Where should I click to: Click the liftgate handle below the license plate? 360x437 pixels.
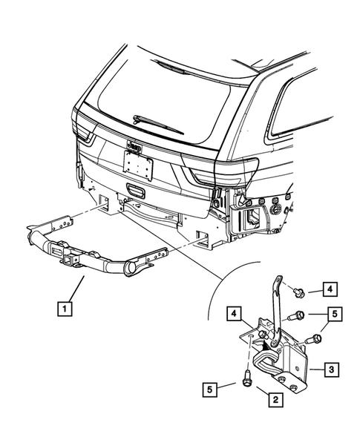pyautogui.click(x=135, y=190)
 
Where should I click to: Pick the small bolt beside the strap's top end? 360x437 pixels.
pyautogui.click(x=295, y=291)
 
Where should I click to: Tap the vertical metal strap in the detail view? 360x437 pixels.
pyautogui.click(x=277, y=312)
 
